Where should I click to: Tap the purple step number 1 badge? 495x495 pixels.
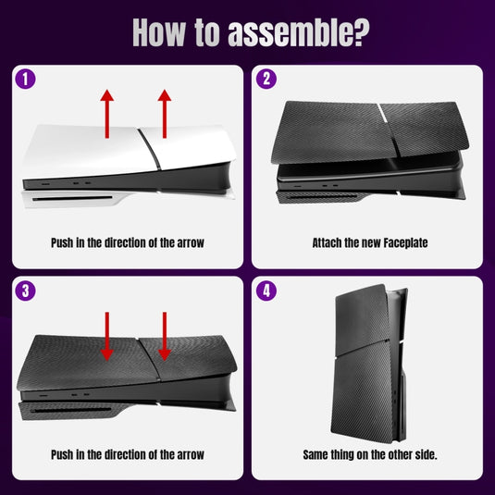[x=26, y=79]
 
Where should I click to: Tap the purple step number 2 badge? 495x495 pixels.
[x=267, y=79]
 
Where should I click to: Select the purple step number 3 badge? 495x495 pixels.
[x=26, y=291]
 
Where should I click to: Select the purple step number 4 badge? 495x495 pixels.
[x=267, y=291]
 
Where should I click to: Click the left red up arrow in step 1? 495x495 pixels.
[x=107, y=113]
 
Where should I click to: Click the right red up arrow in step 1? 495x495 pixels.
[x=165, y=113]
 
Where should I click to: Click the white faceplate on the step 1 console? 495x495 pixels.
[x=93, y=148]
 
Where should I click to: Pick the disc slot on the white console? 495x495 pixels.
[x=65, y=196]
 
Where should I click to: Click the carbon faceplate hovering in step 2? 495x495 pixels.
[x=370, y=130]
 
